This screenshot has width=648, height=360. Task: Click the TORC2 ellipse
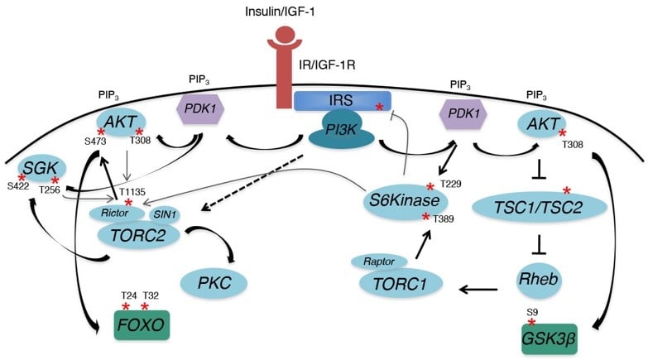[x=140, y=235]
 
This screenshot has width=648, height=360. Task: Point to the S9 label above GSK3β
[x=532, y=312]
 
